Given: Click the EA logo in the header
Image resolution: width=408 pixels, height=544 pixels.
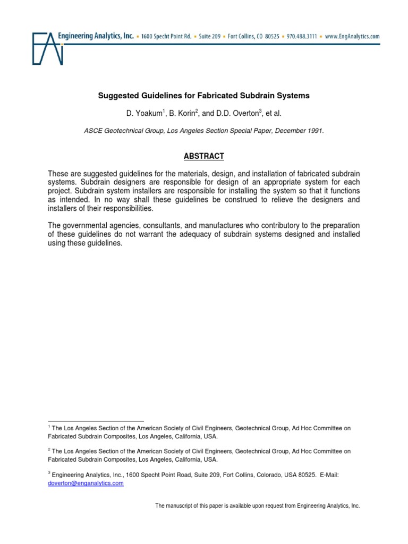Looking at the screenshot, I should (48, 48).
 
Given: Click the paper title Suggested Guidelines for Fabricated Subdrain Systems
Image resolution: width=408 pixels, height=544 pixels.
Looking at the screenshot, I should (204, 96).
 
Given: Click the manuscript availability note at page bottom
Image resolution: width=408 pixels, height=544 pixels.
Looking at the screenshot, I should (257, 506).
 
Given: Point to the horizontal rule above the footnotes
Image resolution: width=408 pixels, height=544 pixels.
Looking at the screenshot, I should (96, 420).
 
